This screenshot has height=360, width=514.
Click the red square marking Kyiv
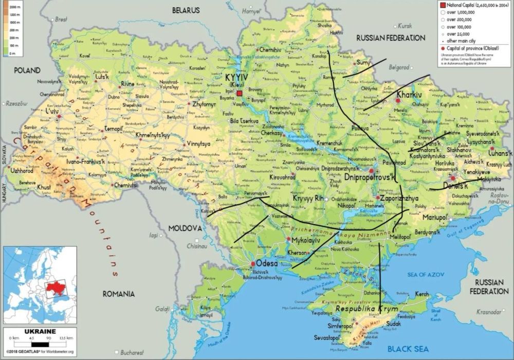(x=240, y=93)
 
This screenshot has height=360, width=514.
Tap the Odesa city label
(x=266, y=263)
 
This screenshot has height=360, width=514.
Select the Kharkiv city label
(x=409, y=95)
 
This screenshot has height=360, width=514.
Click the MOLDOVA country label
(x=183, y=227)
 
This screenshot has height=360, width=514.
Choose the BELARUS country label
(x=185, y=10)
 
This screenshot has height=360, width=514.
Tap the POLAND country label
(x=29, y=70)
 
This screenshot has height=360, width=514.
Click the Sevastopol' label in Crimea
(x=327, y=338)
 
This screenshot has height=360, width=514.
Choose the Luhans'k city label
(x=501, y=153)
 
